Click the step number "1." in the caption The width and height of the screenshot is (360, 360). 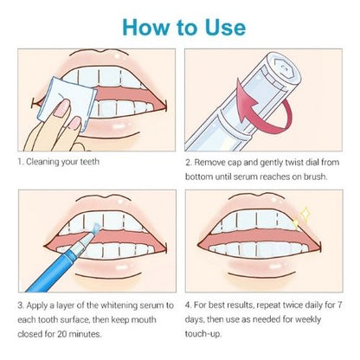20,162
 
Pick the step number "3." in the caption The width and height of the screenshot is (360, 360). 20,305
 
